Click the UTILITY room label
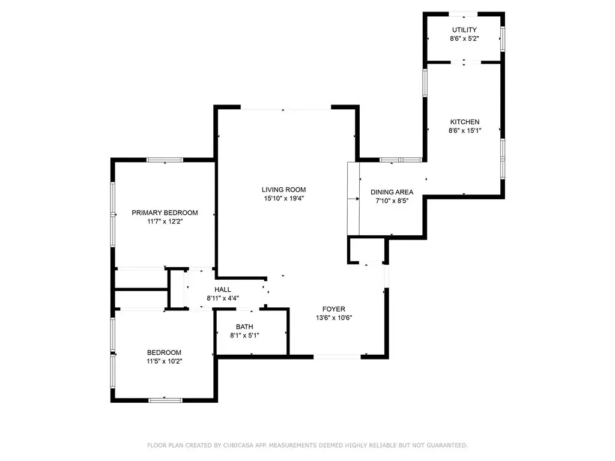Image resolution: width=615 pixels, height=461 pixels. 464,30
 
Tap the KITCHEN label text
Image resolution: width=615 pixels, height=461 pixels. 465,122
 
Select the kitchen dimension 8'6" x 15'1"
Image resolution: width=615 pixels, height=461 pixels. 465,130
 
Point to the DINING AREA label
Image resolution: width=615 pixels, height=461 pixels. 392,192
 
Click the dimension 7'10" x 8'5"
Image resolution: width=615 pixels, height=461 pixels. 392,200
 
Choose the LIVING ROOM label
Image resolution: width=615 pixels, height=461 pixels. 283,190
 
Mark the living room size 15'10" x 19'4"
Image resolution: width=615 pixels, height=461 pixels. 284,198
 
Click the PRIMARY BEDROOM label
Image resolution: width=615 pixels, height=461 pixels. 165,213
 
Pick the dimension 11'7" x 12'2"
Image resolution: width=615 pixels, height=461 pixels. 165,221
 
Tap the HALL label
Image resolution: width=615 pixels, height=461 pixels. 222,290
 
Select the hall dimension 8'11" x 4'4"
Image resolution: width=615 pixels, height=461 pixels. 223,298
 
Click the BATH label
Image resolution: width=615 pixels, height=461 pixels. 244,327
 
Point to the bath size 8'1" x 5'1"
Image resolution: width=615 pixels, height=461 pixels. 244,336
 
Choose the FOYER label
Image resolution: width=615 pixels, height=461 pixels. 334,309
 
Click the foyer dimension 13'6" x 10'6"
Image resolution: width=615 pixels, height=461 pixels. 334,318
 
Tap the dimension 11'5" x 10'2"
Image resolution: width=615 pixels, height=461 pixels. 165,361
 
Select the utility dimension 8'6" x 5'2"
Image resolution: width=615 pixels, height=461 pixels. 464,38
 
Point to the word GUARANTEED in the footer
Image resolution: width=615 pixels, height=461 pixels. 447,445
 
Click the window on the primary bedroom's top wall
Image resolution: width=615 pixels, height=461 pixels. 165,160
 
